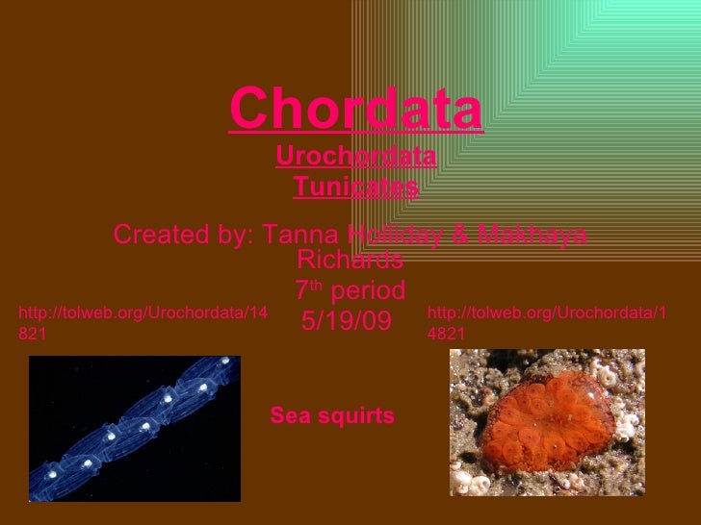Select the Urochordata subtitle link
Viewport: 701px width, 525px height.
[356, 155]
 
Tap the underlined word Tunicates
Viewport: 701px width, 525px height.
[356, 186]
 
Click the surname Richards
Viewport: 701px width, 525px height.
[350, 260]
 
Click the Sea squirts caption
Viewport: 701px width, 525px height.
[332, 415]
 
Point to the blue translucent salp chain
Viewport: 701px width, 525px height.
[135, 428]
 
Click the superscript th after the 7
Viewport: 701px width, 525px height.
[315, 285]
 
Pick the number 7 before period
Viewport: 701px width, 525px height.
[301, 290]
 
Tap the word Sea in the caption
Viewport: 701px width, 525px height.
[287, 415]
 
